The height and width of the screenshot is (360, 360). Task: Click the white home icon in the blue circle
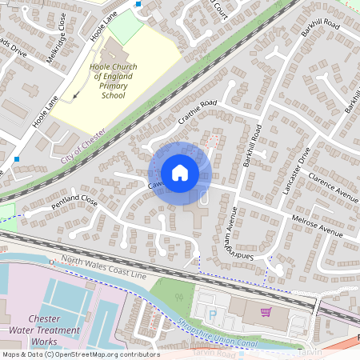click(180, 172)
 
